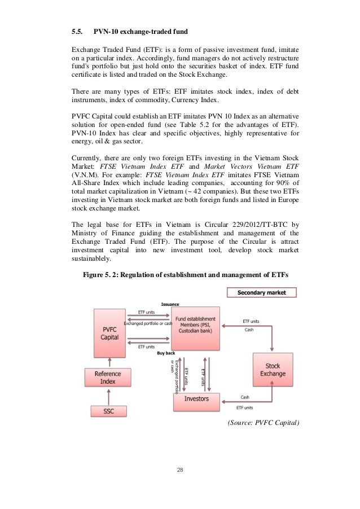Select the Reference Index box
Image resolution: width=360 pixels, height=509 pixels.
tap(105, 376)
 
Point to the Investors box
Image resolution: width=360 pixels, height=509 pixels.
tap(196, 399)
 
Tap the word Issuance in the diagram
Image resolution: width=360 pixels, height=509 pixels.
tap(170, 304)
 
